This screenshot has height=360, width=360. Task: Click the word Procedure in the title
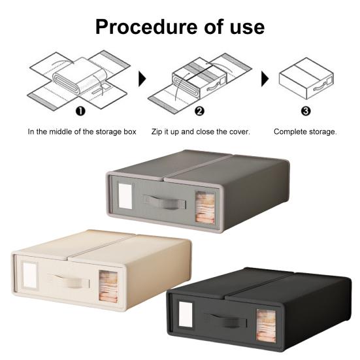pos(146,27)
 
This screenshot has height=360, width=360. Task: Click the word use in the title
pos(247,28)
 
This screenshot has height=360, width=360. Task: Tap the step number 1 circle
pos(80,111)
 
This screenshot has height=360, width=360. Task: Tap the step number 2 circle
pos(199,111)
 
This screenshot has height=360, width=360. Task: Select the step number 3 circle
pos(306,111)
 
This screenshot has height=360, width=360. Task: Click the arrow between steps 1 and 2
pos(142,79)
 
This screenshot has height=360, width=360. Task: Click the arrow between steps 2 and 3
pos(265,79)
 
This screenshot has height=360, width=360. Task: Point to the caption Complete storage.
pos(305,132)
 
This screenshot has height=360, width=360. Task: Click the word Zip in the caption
pos(157,131)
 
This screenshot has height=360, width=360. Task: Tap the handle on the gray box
pos(165,202)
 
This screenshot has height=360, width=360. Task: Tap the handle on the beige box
pos(69,281)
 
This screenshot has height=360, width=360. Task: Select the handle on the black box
pos(225,320)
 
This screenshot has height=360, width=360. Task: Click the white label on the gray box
pos(125,196)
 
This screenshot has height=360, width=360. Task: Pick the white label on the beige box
pos(30,275)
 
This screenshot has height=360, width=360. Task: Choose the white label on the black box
pos(186,314)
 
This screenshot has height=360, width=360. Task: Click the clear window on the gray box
pos(205,207)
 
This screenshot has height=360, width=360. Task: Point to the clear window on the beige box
pos(108,286)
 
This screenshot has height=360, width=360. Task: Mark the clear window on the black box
pos(266,325)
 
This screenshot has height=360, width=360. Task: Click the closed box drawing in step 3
pos(306,78)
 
